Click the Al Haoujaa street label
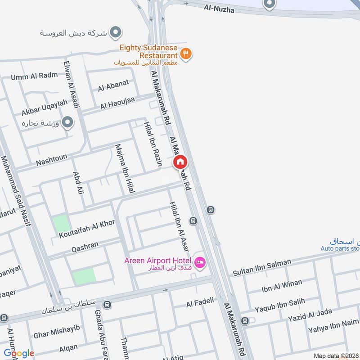coord(117,105)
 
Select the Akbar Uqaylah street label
coord(44,108)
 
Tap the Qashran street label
coord(85,247)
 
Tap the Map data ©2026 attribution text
coord(335,355)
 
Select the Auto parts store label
coord(341,248)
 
